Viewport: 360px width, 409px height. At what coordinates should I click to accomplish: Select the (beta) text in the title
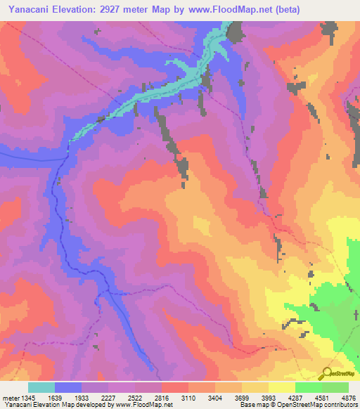click(x=287, y=10)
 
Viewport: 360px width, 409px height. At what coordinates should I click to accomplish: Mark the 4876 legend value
click(x=349, y=396)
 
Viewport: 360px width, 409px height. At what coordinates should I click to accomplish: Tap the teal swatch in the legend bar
click(x=41, y=387)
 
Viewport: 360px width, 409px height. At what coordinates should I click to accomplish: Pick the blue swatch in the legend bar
click(x=68, y=387)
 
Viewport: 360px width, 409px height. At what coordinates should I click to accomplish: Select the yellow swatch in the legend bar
click(x=281, y=387)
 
